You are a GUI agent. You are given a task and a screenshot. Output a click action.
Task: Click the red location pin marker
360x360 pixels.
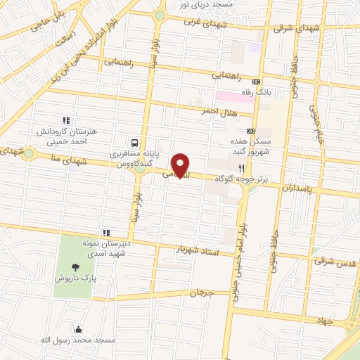tap(181, 165)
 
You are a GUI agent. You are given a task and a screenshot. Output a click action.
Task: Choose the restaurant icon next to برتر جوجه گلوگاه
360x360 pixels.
tap(241, 168)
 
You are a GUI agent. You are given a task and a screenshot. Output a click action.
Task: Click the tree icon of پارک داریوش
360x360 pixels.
tap(75, 266)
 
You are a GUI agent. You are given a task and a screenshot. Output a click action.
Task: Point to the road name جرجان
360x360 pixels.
tap(200, 292)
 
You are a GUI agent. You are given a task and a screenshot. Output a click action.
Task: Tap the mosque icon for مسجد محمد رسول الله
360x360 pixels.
tap(77, 330)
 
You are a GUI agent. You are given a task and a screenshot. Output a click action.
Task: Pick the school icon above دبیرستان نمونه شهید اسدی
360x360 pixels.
tap(106, 232)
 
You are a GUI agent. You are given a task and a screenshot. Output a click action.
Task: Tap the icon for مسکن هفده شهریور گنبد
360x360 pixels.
tap(250, 131)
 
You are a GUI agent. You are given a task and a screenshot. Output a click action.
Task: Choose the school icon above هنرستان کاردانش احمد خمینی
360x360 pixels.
tap(67, 120)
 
